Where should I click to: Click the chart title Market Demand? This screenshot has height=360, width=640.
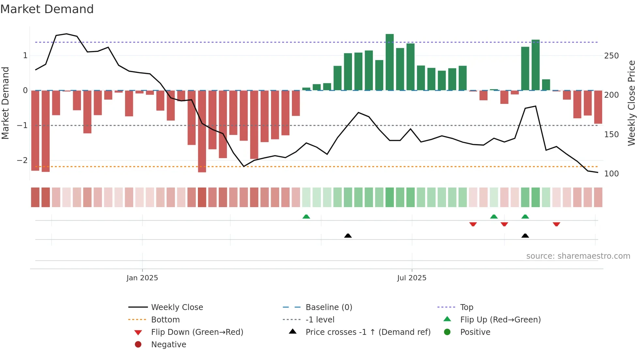(x=47, y=9)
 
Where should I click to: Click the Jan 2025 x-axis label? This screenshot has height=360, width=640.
(x=142, y=278)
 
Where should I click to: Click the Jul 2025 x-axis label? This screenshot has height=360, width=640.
(x=411, y=278)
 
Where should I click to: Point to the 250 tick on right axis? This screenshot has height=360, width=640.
(x=611, y=56)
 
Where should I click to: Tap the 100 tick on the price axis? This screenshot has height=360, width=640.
(x=611, y=174)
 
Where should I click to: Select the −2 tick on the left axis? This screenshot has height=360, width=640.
(x=22, y=160)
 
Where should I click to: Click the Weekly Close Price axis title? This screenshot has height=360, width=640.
(x=632, y=103)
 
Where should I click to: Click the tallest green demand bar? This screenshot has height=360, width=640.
(x=390, y=62)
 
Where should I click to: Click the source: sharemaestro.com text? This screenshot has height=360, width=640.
(x=578, y=256)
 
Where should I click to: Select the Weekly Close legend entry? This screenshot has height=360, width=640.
(x=177, y=307)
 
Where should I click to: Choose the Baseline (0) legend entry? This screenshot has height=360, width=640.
(x=328, y=307)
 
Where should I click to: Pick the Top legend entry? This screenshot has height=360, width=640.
(x=466, y=307)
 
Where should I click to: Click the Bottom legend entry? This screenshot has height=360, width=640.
(x=165, y=320)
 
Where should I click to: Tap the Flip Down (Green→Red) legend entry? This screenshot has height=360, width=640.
(x=197, y=332)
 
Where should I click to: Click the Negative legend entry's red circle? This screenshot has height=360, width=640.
(x=138, y=345)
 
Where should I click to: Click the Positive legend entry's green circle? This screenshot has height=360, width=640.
(x=447, y=332)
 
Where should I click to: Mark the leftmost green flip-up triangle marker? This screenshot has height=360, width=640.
(x=306, y=217)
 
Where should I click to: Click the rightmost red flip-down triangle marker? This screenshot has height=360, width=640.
(x=556, y=224)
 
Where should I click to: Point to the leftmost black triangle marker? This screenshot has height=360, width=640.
(x=348, y=236)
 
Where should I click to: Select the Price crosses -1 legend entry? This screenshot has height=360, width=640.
(x=368, y=332)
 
